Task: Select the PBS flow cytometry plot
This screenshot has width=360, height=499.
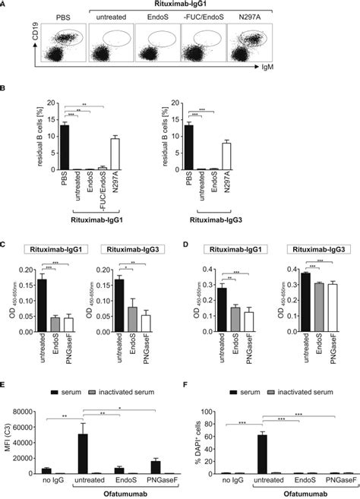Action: pos(62,45)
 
